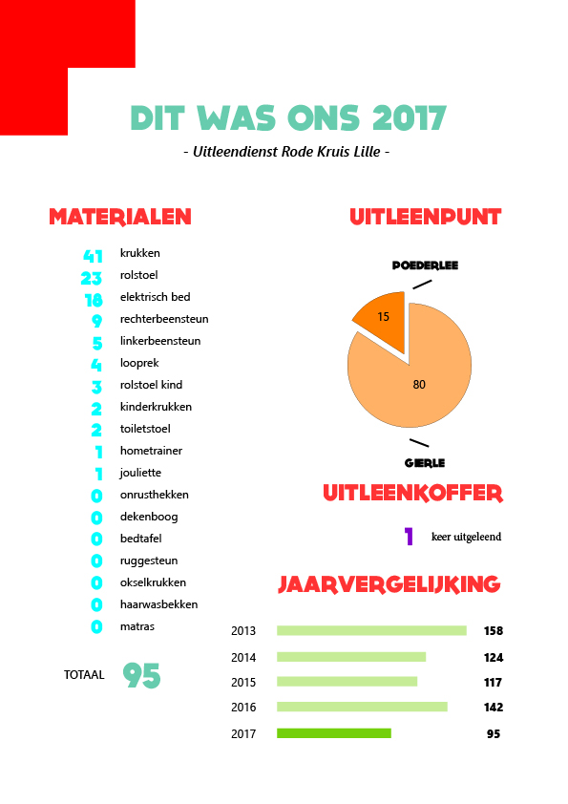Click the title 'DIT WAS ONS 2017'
pyautogui.click(x=288, y=118)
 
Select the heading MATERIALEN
pyautogui.click(x=120, y=217)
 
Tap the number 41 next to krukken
pyautogui.click(x=93, y=256)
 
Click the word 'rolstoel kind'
pyautogui.click(x=151, y=385)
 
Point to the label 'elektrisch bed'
pyautogui.click(x=155, y=297)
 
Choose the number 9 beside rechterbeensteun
pyautogui.click(x=96, y=321)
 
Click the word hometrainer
pyautogui.click(x=151, y=451)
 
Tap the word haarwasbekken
pyautogui.click(x=158, y=604)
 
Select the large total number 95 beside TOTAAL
pyautogui.click(x=142, y=675)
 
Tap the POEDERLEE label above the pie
pyautogui.click(x=425, y=265)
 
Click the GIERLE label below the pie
pyautogui.click(x=425, y=463)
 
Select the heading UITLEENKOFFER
pyautogui.click(x=413, y=494)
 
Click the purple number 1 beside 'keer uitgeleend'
pyautogui.click(x=409, y=537)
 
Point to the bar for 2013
pyautogui.click(x=371, y=630)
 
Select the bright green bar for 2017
pyautogui.click(x=334, y=733)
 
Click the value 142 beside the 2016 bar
pyautogui.click(x=494, y=708)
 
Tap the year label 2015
pyautogui.click(x=243, y=683)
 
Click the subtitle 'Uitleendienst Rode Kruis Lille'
pyautogui.click(x=286, y=152)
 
